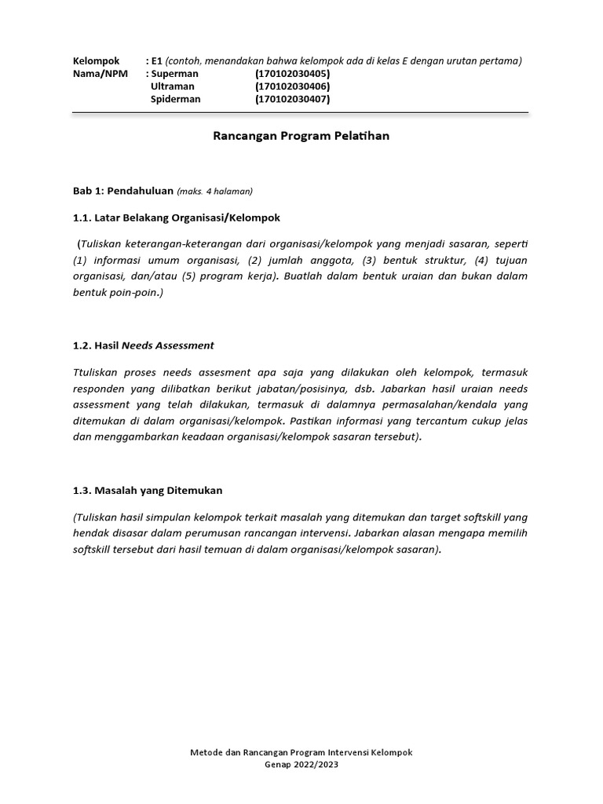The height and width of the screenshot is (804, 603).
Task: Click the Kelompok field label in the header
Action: [x=96, y=61]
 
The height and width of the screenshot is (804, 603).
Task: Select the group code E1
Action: [x=157, y=61]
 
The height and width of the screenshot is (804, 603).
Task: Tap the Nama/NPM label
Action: [x=100, y=74]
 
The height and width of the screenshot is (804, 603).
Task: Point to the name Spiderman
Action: [x=175, y=99]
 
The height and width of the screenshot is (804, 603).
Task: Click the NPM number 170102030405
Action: [x=292, y=74]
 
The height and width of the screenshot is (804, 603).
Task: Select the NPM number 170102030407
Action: [x=292, y=99]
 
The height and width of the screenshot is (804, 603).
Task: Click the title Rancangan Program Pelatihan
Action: [x=301, y=136]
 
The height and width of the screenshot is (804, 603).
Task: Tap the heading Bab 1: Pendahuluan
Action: [x=122, y=191]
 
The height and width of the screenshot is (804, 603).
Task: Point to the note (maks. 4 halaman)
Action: [x=215, y=191]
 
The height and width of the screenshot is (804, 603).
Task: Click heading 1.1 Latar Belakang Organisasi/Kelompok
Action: [x=176, y=217]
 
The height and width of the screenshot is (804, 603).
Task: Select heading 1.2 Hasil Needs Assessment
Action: [x=143, y=345]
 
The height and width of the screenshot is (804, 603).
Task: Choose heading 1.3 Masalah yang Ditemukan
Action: [x=148, y=490]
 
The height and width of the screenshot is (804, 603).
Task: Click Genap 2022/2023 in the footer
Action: [x=301, y=763]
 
